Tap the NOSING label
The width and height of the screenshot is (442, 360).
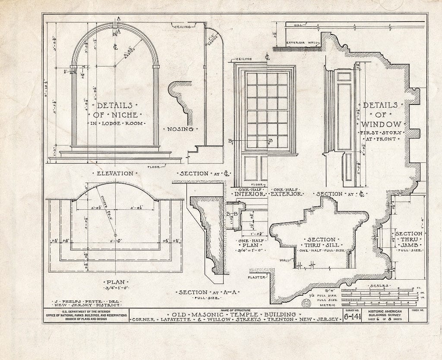(181, 129)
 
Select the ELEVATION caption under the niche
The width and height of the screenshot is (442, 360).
(115, 173)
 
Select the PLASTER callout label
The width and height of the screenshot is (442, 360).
(257, 278)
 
